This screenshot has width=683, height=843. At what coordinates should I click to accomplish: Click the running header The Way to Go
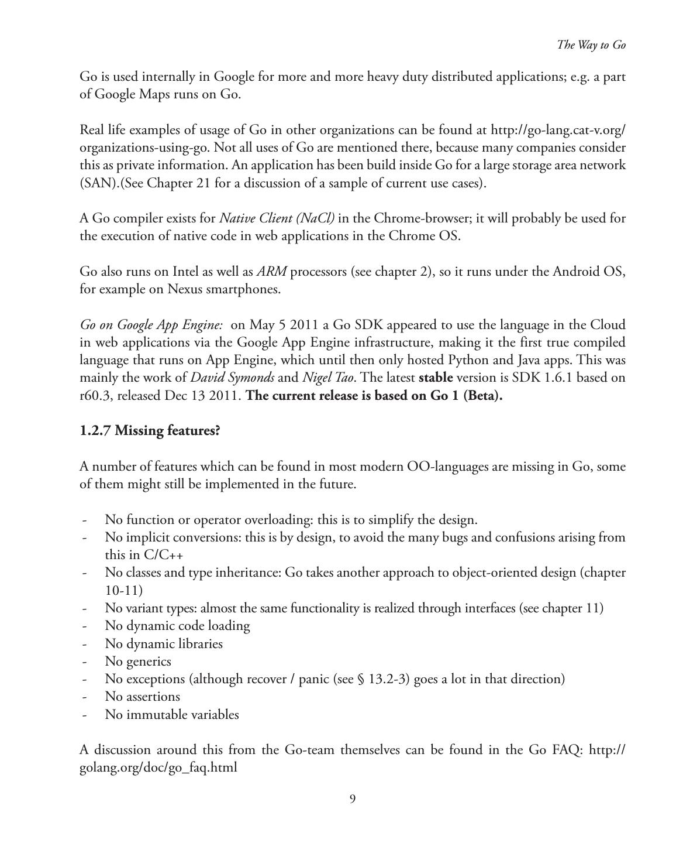click(591, 45)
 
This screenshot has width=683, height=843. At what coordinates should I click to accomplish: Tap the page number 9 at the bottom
click(352, 799)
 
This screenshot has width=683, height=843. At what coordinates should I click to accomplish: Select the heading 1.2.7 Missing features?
click(150, 431)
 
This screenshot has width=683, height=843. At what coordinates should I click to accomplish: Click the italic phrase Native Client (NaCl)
click(277, 218)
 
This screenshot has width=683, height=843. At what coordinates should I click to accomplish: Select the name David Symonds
click(232, 378)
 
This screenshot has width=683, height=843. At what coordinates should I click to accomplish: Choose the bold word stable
click(436, 378)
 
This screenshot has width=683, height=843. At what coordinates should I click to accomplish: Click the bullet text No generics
click(138, 662)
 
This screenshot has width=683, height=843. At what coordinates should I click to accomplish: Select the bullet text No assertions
click(142, 697)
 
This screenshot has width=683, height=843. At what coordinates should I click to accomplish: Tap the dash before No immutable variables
click(85, 715)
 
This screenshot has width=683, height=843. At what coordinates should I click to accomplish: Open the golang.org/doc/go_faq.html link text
click(158, 767)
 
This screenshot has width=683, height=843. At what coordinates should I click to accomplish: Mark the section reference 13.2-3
click(389, 679)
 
